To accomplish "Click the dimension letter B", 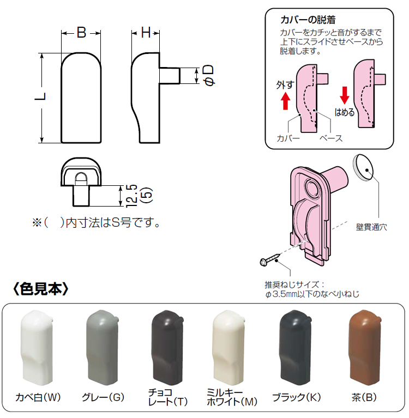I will click(81, 33).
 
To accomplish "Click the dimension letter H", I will click(146, 33).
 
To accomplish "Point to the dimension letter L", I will click(40, 98).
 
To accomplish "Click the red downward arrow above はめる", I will click(344, 95).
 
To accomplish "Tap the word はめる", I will click(345, 113).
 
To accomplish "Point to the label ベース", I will click(331, 138).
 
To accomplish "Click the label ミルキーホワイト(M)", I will click(232, 397).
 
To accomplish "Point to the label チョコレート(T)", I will click(167, 397).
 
